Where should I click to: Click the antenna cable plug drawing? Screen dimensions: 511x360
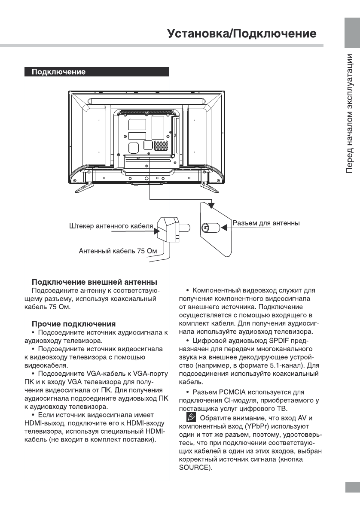coord(170,227)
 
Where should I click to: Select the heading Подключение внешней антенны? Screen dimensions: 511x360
coord(94,282)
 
